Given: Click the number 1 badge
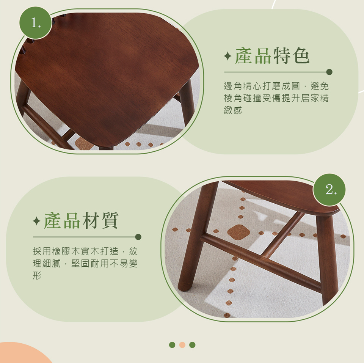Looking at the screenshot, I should [36, 23].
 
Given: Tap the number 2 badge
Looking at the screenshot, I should [329, 190].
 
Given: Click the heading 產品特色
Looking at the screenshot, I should [272, 56].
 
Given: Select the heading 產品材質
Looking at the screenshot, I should [81, 221].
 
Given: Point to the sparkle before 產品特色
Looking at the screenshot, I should [227, 57].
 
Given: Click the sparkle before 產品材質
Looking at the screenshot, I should [36, 222].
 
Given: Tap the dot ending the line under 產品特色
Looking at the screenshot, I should [329, 72].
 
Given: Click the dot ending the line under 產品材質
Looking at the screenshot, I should [138, 237].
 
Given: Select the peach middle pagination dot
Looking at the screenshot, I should [182, 345].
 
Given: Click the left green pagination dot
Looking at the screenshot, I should [172, 345].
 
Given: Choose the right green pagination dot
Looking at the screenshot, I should [192, 345].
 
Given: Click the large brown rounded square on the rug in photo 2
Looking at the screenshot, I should [238, 232].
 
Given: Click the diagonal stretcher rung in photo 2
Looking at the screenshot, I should [282, 235].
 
